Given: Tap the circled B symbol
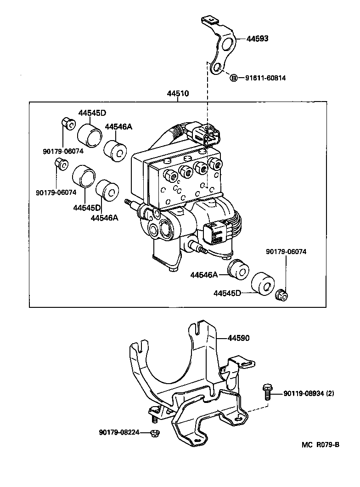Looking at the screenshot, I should (x=233, y=78).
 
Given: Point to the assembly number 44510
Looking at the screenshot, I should (x=178, y=94).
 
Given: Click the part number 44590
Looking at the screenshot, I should (x=238, y=338).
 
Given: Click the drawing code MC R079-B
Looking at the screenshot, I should (x=321, y=445).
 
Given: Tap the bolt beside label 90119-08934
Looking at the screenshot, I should (x=267, y=392).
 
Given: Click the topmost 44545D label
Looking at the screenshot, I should (x=92, y=113).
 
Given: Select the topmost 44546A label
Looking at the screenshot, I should (x=118, y=127).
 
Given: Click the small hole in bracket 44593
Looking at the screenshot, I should (x=218, y=69).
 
